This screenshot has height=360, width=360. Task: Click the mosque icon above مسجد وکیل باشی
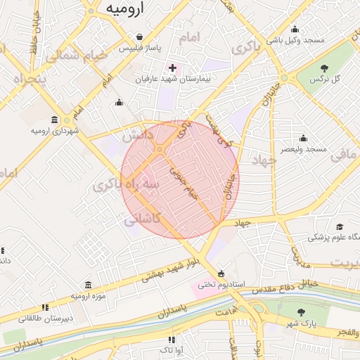295,30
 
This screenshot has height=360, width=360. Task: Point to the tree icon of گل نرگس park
324,68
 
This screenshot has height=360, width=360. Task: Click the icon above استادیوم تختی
221,273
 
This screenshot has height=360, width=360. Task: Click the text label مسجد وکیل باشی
295,40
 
